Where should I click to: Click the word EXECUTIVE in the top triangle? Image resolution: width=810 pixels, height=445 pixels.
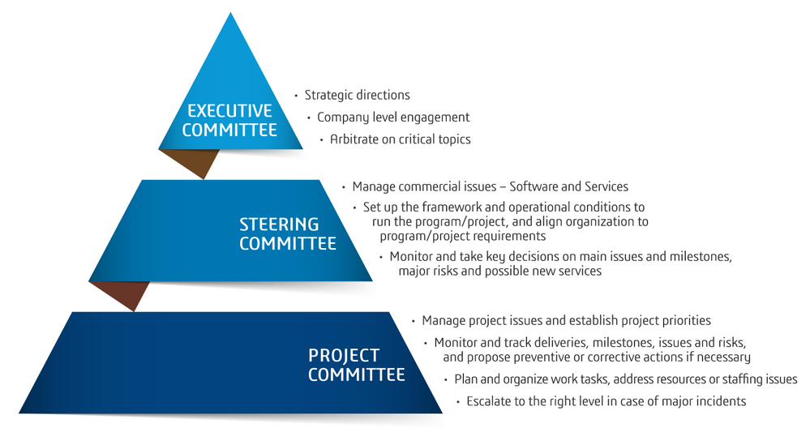(x=229, y=110)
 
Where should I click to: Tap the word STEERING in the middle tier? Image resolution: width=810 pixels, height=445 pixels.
(x=279, y=224)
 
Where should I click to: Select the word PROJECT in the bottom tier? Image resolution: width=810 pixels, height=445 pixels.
(x=344, y=355)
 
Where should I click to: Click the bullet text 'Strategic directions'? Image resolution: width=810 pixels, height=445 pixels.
(x=357, y=95)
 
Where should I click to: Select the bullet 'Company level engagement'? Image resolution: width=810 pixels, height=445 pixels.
(x=393, y=118)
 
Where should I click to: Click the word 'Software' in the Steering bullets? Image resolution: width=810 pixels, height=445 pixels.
(x=534, y=186)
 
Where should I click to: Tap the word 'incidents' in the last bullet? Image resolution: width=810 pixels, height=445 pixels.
(x=721, y=401)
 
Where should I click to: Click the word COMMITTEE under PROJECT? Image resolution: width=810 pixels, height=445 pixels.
(x=357, y=374)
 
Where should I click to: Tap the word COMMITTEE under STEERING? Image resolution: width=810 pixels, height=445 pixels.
(x=288, y=243)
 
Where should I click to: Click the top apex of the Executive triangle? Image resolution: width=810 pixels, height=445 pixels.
(x=230, y=13)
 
